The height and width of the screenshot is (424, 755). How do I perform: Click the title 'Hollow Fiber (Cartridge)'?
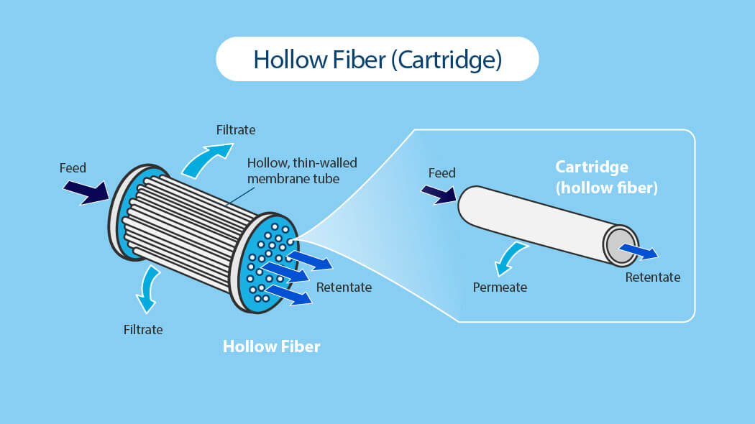[x=377, y=59]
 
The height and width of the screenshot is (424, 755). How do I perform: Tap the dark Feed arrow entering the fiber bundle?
[x=85, y=192]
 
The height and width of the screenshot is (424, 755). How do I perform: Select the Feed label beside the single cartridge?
[x=441, y=173]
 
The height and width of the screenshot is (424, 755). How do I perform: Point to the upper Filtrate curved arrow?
[x=206, y=158]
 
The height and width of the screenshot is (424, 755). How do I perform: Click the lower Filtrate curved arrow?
[x=149, y=287]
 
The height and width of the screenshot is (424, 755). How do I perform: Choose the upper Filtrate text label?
[x=236, y=130]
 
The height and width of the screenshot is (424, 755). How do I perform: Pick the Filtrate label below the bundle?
[x=143, y=330]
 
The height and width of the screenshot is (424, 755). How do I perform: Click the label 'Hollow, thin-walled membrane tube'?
[x=301, y=170]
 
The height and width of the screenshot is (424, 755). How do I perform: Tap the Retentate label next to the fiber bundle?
[x=344, y=287]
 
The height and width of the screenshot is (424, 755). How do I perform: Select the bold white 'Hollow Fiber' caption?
[x=271, y=346]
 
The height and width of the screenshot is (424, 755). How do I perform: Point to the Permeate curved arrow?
[x=511, y=259]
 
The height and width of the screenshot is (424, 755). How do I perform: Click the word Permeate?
[x=500, y=287]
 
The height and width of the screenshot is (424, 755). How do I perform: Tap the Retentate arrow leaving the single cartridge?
[x=638, y=250]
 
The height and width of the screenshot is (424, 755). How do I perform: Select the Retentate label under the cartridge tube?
[x=652, y=277]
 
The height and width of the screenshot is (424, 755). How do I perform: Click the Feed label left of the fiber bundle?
[x=73, y=168]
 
